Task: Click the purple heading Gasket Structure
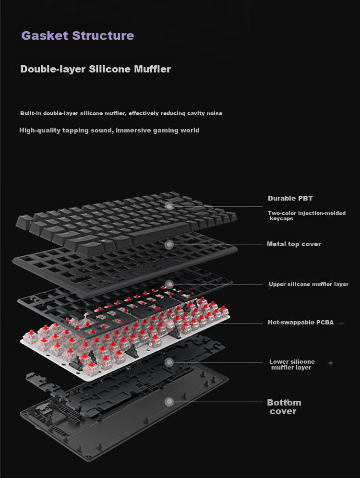pyautogui.click(x=78, y=36)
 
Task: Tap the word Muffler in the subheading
pyautogui.click(x=153, y=69)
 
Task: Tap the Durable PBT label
pyautogui.click(x=290, y=199)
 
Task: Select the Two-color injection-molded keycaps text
pyautogui.click(x=307, y=216)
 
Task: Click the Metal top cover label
pyautogui.click(x=294, y=244)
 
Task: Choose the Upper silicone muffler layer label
pyautogui.click(x=309, y=284)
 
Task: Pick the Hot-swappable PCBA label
pyautogui.click(x=300, y=322)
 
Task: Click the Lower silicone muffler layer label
pyautogui.click(x=292, y=365)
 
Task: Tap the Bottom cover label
pyautogui.click(x=284, y=407)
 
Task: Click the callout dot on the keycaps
pyautogui.click(x=169, y=206)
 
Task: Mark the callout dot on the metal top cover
pyautogui.click(x=169, y=244)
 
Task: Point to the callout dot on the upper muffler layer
pyautogui.click(x=169, y=285)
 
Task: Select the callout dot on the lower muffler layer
pyautogui.click(x=169, y=362)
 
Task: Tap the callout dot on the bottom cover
pyautogui.click(x=169, y=402)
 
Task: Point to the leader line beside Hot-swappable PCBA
pyautogui.click(x=244, y=323)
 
